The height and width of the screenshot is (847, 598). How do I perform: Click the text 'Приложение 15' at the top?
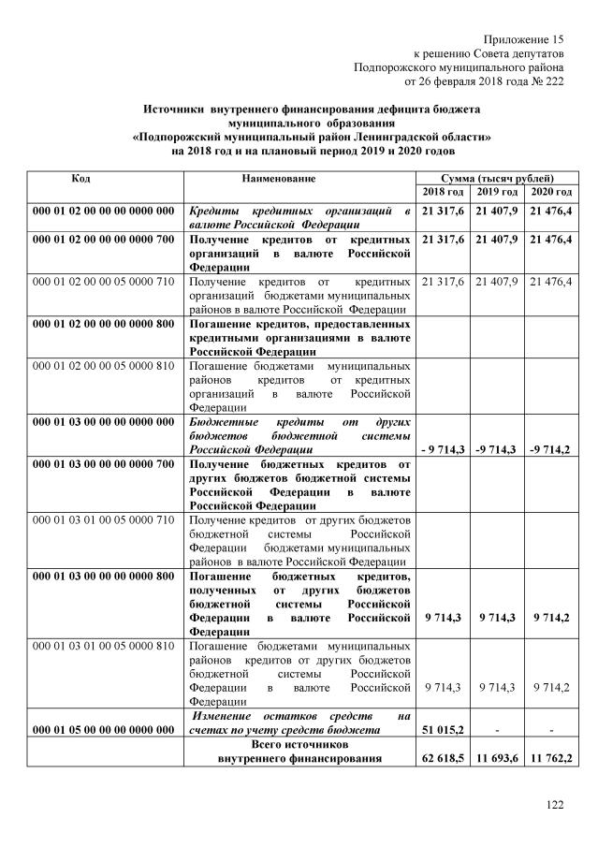pos(524,38)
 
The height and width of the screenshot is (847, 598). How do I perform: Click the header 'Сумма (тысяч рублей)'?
pos(499,178)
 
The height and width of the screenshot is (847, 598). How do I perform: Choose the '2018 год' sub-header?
pos(445,192)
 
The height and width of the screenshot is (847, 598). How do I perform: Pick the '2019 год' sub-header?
pos(498,192)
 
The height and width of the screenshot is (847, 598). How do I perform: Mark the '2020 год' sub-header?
pos(551,192)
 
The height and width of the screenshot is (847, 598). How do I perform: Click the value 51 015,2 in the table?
pos(445,729)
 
